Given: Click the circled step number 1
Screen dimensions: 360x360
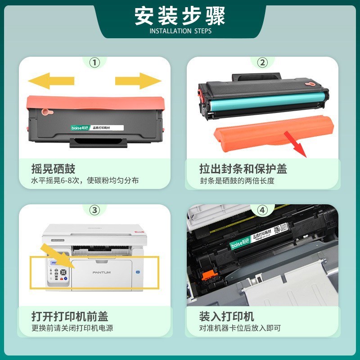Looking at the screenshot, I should click(x=94, y=63).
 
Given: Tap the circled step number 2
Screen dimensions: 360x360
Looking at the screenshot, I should click(x=262, y=63).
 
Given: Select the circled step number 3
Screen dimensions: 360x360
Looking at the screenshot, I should click(x=94, y=210).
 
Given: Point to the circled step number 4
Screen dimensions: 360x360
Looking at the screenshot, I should click(x=262, y=210).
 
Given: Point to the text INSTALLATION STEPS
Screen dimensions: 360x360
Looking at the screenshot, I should click(x=180, y=31).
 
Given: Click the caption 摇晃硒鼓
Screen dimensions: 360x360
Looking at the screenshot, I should click(x=53, y=169).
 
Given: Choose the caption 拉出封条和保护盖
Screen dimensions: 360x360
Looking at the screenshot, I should click(x=243, y=169).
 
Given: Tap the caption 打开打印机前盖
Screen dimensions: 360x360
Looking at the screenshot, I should click(x=69, y=316).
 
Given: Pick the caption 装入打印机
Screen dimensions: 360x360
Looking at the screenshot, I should click(x=226, y=316).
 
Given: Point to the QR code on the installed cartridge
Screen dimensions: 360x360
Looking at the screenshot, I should click(x=280, y=229).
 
